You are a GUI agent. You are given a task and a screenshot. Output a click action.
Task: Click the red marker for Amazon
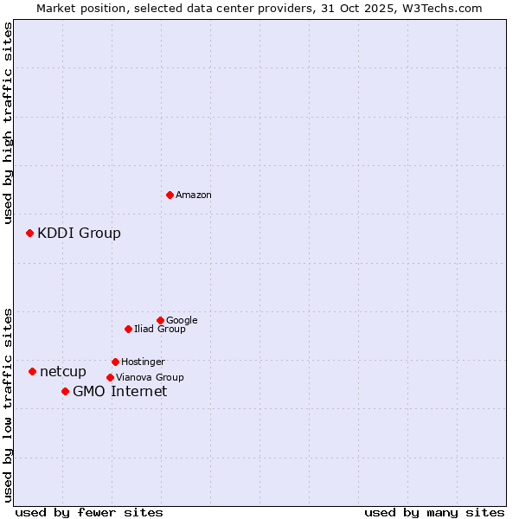pyautogui.click(x=170, y=195)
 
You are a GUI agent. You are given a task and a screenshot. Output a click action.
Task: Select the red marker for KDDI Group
pyautogui.click(x=29, y=233)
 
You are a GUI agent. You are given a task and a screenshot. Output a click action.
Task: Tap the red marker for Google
pyautogui.click(x=160, y=320)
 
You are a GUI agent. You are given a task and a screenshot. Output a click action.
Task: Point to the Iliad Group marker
pyautogui.click(x=128, y=329)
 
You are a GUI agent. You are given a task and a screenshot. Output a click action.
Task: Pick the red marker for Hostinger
pyautogui.click(x=115, y=362)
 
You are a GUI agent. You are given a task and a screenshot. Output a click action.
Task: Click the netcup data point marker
pyautogui.click(x=32, y=371)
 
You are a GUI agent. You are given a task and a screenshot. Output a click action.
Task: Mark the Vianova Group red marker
pyautogui.click(x=110, y=377)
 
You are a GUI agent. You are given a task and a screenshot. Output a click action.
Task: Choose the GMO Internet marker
pyautogui.click(x=65, y=391)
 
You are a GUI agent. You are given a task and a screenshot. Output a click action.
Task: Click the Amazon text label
pyautogui.click(x=194, y=195)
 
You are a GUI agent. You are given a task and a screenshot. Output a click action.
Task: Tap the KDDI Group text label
pyautogui.click(x=79, y=233)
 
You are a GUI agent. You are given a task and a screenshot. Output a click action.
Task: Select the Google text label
pyautogui.click(x=182, y=320)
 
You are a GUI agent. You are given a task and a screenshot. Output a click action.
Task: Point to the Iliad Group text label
pyautogui.click(x=160, y=329)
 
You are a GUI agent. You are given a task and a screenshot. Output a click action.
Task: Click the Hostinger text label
pyautogui.click(x=143, y=362)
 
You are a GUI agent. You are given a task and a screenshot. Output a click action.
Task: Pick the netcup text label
pyautogui.click(x=63, y=372)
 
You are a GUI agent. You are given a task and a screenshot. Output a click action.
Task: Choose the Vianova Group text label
pyautogui.click(x=150, y=377)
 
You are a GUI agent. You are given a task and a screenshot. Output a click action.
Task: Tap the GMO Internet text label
pyautogui.click(x=119, y=392)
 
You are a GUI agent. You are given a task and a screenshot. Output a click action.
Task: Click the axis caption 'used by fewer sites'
pyautogui.click(x=89, y=512)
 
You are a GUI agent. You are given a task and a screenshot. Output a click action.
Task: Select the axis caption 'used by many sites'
pyautogui.click(x=434, y=512)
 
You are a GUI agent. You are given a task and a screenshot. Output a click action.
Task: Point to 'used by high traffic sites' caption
pyautogui.click(x=9, y=123)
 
